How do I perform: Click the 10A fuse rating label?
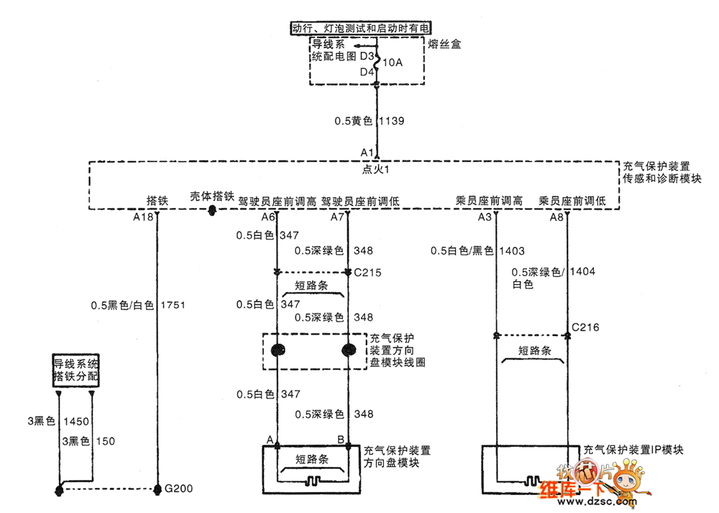393,63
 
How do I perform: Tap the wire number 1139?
391,121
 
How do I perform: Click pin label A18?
144,217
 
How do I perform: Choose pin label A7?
338,217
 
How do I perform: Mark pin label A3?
485,217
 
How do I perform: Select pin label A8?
557,217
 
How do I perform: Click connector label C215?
367,273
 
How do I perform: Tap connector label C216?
585,327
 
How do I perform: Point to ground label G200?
178,490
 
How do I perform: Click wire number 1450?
75,422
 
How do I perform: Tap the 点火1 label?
375,170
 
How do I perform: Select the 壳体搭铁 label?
212,196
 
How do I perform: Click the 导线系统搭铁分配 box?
75,371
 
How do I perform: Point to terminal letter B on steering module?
340,439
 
